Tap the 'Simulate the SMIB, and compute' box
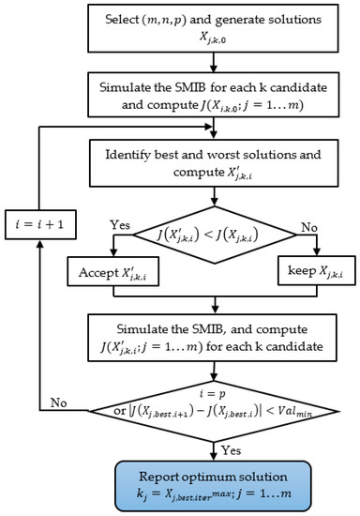[x=216, y=332]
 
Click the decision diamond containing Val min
[x=216, y=398]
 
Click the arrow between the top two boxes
[x=216, y=62]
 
